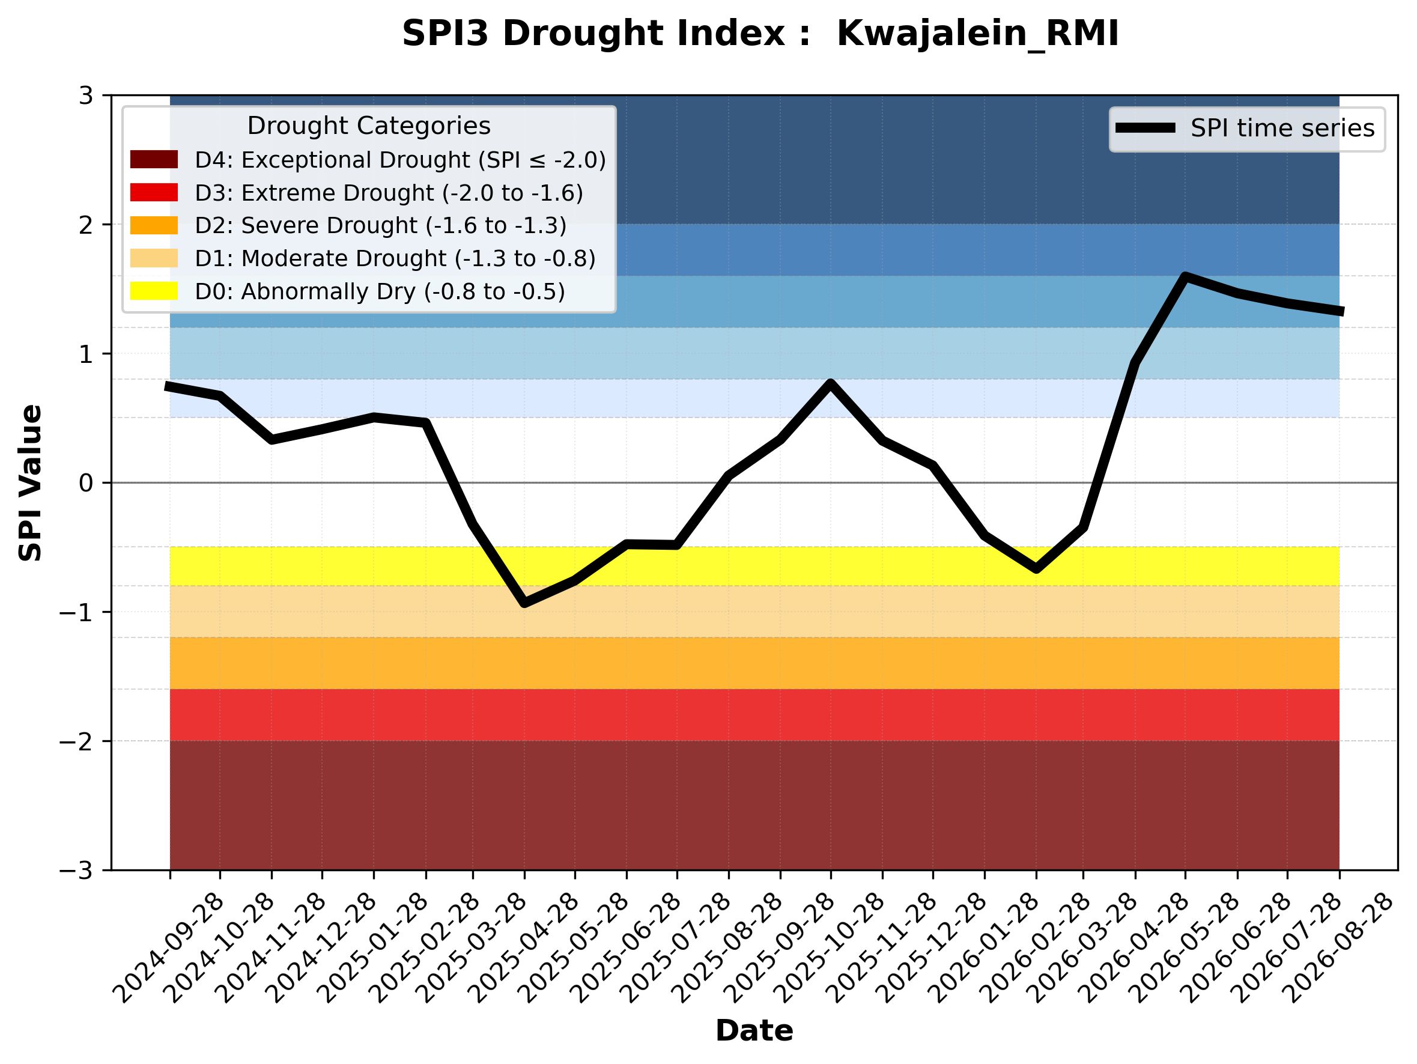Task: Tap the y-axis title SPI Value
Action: [30, 483]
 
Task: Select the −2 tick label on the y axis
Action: [76, 741]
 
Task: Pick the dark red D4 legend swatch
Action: [154, 159]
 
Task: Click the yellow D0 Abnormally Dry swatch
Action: [154, 291]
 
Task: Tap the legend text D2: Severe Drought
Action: [306, 225]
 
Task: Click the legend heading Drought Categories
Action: [369, 126]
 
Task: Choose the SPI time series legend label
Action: [1282, 129]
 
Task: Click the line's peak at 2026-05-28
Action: [1185, 277]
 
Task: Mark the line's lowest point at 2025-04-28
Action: [524, 603]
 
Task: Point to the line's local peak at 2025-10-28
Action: [831, 383]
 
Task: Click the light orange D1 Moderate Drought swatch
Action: [154, 258]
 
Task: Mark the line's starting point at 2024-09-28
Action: [168, 386]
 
